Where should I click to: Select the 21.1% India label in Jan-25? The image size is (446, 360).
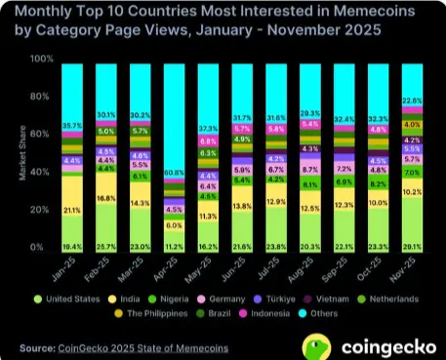(x=72, y=209)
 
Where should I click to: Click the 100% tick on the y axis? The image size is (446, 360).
(x=42, y=60)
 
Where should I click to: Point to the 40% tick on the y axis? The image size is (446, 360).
(x=44, y=173)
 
